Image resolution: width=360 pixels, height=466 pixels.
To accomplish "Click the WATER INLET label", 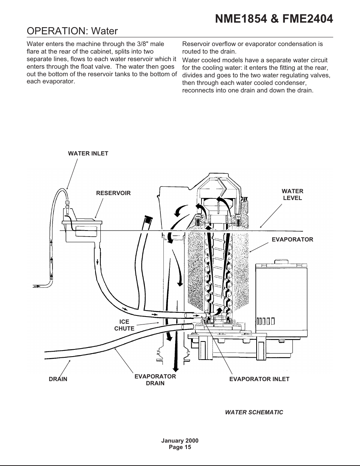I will click(88, 154).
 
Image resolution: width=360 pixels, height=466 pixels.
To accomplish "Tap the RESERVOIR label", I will click(113, 193).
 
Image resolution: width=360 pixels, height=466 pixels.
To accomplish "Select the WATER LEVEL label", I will click(292, 195).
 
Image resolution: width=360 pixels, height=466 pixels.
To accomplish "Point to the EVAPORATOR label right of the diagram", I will click(292, 240).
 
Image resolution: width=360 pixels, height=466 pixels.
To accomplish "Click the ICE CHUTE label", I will click(124, 325).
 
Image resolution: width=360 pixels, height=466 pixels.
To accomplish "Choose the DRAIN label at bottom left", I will click(58, 379).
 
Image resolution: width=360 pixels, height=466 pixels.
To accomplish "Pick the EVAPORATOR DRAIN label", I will click(155, 380).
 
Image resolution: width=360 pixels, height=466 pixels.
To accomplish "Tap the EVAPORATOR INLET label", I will click(259, 379).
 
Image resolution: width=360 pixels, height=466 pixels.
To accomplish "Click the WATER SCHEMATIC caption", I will click(254, 412).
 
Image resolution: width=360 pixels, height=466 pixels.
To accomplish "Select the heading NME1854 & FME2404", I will click(274, 19).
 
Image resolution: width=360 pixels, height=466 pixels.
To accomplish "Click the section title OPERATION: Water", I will click(72, 31).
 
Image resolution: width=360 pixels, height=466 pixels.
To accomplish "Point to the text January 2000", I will click(180, 441).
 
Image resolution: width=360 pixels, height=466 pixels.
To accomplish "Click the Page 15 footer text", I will click(180, 447).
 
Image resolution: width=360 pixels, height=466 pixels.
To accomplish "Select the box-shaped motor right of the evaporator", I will click(281, 298).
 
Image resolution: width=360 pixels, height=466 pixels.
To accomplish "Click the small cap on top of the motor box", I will click(281, 261).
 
